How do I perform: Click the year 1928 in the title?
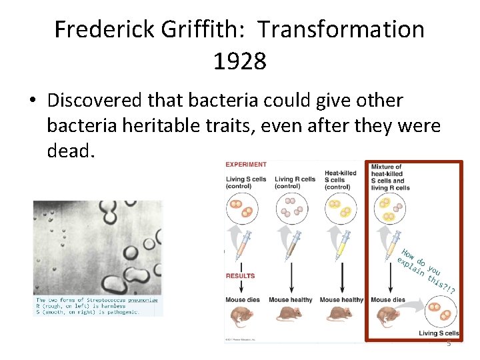[x=239, y=61]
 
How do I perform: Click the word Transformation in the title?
[x=341, y=29]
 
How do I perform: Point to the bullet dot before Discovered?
[x=32, y=101]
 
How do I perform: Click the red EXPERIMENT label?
[x=245, y=164]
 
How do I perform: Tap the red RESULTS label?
[x=240, y=275]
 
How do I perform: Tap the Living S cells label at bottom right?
[x=438, y=333]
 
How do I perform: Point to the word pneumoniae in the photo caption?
[x=139, y=300]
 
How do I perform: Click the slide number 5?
[x=449, y=343]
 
